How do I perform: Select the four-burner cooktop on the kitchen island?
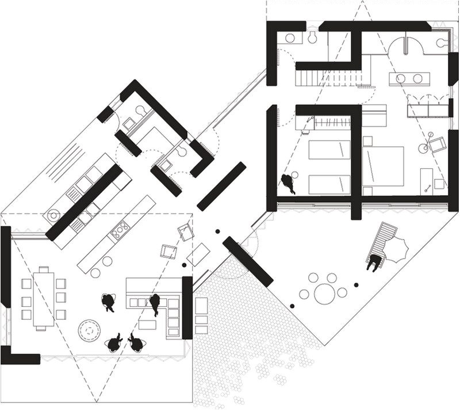(x=120, y=230)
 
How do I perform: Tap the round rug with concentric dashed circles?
(x=90, y=330)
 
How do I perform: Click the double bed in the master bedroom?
(x=382, y=165)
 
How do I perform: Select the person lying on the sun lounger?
(x=374, y=261)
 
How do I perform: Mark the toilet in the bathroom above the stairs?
(x=312, y=36)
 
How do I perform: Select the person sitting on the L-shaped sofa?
(x=154, y=303)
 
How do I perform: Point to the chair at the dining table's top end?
(x=43, y=269)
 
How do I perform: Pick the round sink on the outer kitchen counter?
(x=53, y=215)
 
